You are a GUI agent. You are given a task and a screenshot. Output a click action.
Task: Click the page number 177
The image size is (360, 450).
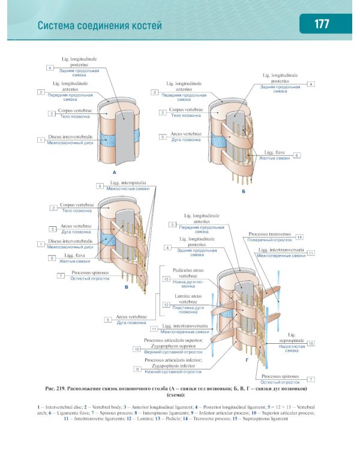pos(322,25)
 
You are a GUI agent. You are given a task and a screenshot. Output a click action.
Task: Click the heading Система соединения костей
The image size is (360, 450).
pos(100,26)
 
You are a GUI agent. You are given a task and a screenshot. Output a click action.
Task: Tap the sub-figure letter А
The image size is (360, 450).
pos(113,172)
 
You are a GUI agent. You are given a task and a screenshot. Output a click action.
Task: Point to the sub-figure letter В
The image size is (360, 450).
pos(127,288)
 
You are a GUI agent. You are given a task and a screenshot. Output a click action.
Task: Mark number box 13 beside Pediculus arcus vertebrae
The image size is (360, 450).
pos(166,280)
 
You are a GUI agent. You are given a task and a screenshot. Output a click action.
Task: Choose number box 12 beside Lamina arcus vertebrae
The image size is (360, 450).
pos(166,305)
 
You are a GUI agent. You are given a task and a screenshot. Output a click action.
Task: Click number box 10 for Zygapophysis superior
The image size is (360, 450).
pos(137,349)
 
